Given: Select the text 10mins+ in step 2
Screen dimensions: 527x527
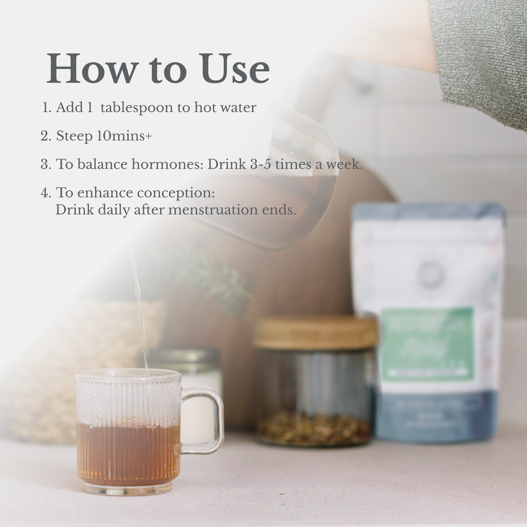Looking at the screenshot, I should (x=124, y=136).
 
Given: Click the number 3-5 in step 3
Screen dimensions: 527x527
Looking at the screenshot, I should (x=260, y=164).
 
